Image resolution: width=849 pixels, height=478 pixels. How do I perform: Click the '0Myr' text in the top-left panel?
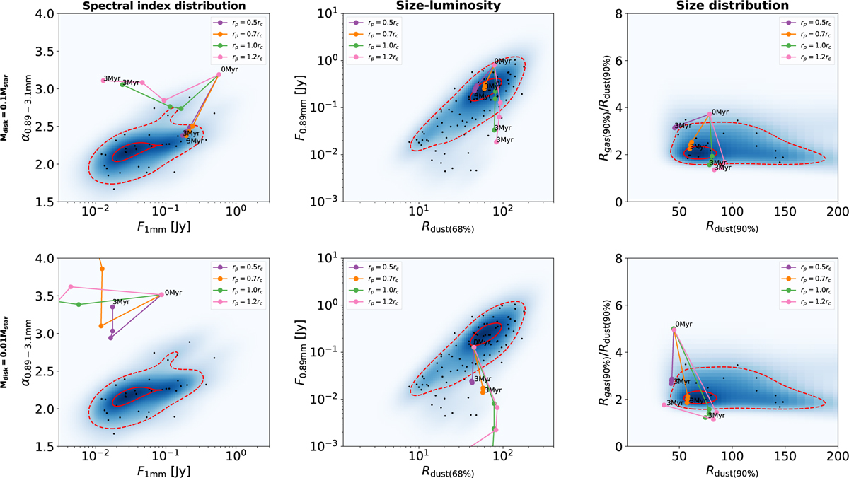(229, 69)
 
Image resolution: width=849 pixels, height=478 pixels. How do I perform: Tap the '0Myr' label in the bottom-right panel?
(684, 324)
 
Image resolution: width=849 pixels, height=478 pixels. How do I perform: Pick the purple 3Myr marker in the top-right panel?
(675, 128)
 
